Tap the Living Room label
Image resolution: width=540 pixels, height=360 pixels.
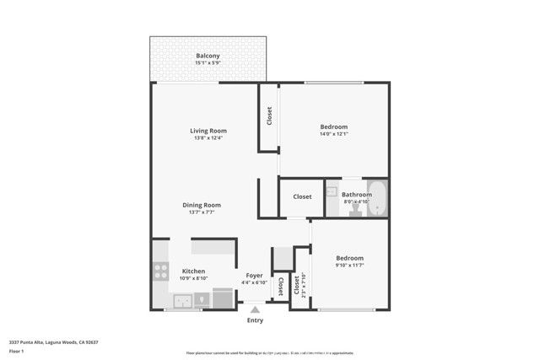coord(208,131)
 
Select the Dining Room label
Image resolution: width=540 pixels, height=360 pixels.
coord(202,205)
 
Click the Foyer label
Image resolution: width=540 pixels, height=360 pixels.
coord(254,276)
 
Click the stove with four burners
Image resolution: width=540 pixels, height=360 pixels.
coord(159,271)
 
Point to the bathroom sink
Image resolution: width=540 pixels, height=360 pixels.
coord(332,191)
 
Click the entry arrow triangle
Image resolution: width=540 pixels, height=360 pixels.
coord(255,310)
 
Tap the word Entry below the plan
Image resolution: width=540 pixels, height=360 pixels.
coord(255,320)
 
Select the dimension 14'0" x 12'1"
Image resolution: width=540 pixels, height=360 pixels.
coord(333,134)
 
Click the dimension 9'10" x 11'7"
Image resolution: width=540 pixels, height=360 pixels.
coord(349,266)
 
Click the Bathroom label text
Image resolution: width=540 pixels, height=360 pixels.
coord(356,195)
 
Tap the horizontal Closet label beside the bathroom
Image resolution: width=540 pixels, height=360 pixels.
coord(302,196)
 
